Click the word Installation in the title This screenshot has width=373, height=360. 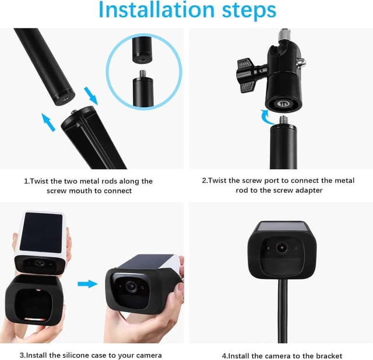coord(157,10)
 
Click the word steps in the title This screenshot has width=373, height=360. coord(249,11)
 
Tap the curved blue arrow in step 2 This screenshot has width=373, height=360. coord(267,117)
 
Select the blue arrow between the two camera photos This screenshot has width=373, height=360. coord(87,284)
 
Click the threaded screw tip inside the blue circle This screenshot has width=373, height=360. coord(142,74)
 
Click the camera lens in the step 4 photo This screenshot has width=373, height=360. coord(282,248)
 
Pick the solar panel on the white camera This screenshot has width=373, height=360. coord(41,232)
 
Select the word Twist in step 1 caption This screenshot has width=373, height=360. coord(40,181)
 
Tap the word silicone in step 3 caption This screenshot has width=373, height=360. coord(77,355)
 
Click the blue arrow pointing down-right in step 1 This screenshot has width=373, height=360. coord(91,96)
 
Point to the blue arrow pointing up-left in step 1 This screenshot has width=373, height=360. coord(48,122)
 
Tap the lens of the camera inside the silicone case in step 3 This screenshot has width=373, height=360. coord(131,286)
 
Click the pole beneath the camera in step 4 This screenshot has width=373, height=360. coord(282,311)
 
